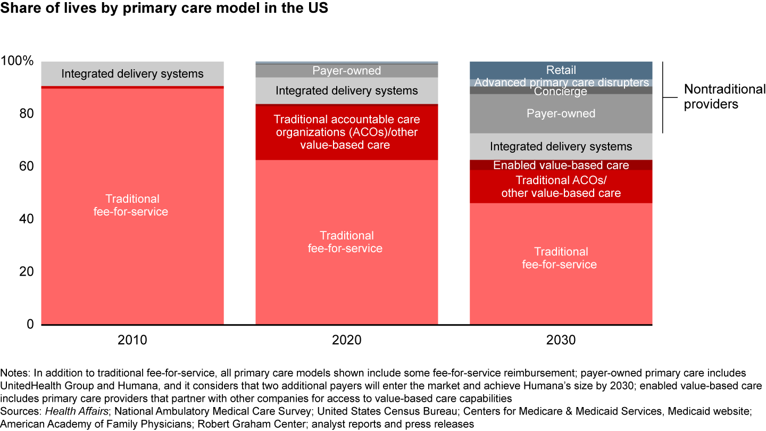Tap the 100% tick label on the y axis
click(18, 61)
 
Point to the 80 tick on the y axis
click(26, 114)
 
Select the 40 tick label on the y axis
click(26, 219)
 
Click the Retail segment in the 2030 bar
click(561, 70)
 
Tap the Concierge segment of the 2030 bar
click(561, 91)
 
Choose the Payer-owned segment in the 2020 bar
click(346, 71)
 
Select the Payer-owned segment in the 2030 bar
click(561, 113)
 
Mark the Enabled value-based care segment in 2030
click(561, 165)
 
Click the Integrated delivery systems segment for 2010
click(132, 73)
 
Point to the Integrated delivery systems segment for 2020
click(346, 90)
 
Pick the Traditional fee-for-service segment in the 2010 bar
click(132, 205)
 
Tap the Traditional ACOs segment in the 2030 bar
click(561, 187)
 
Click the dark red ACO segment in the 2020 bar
click(346, 132)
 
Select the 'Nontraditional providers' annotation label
click(724, 96)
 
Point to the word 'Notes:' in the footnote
click(16, 372)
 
